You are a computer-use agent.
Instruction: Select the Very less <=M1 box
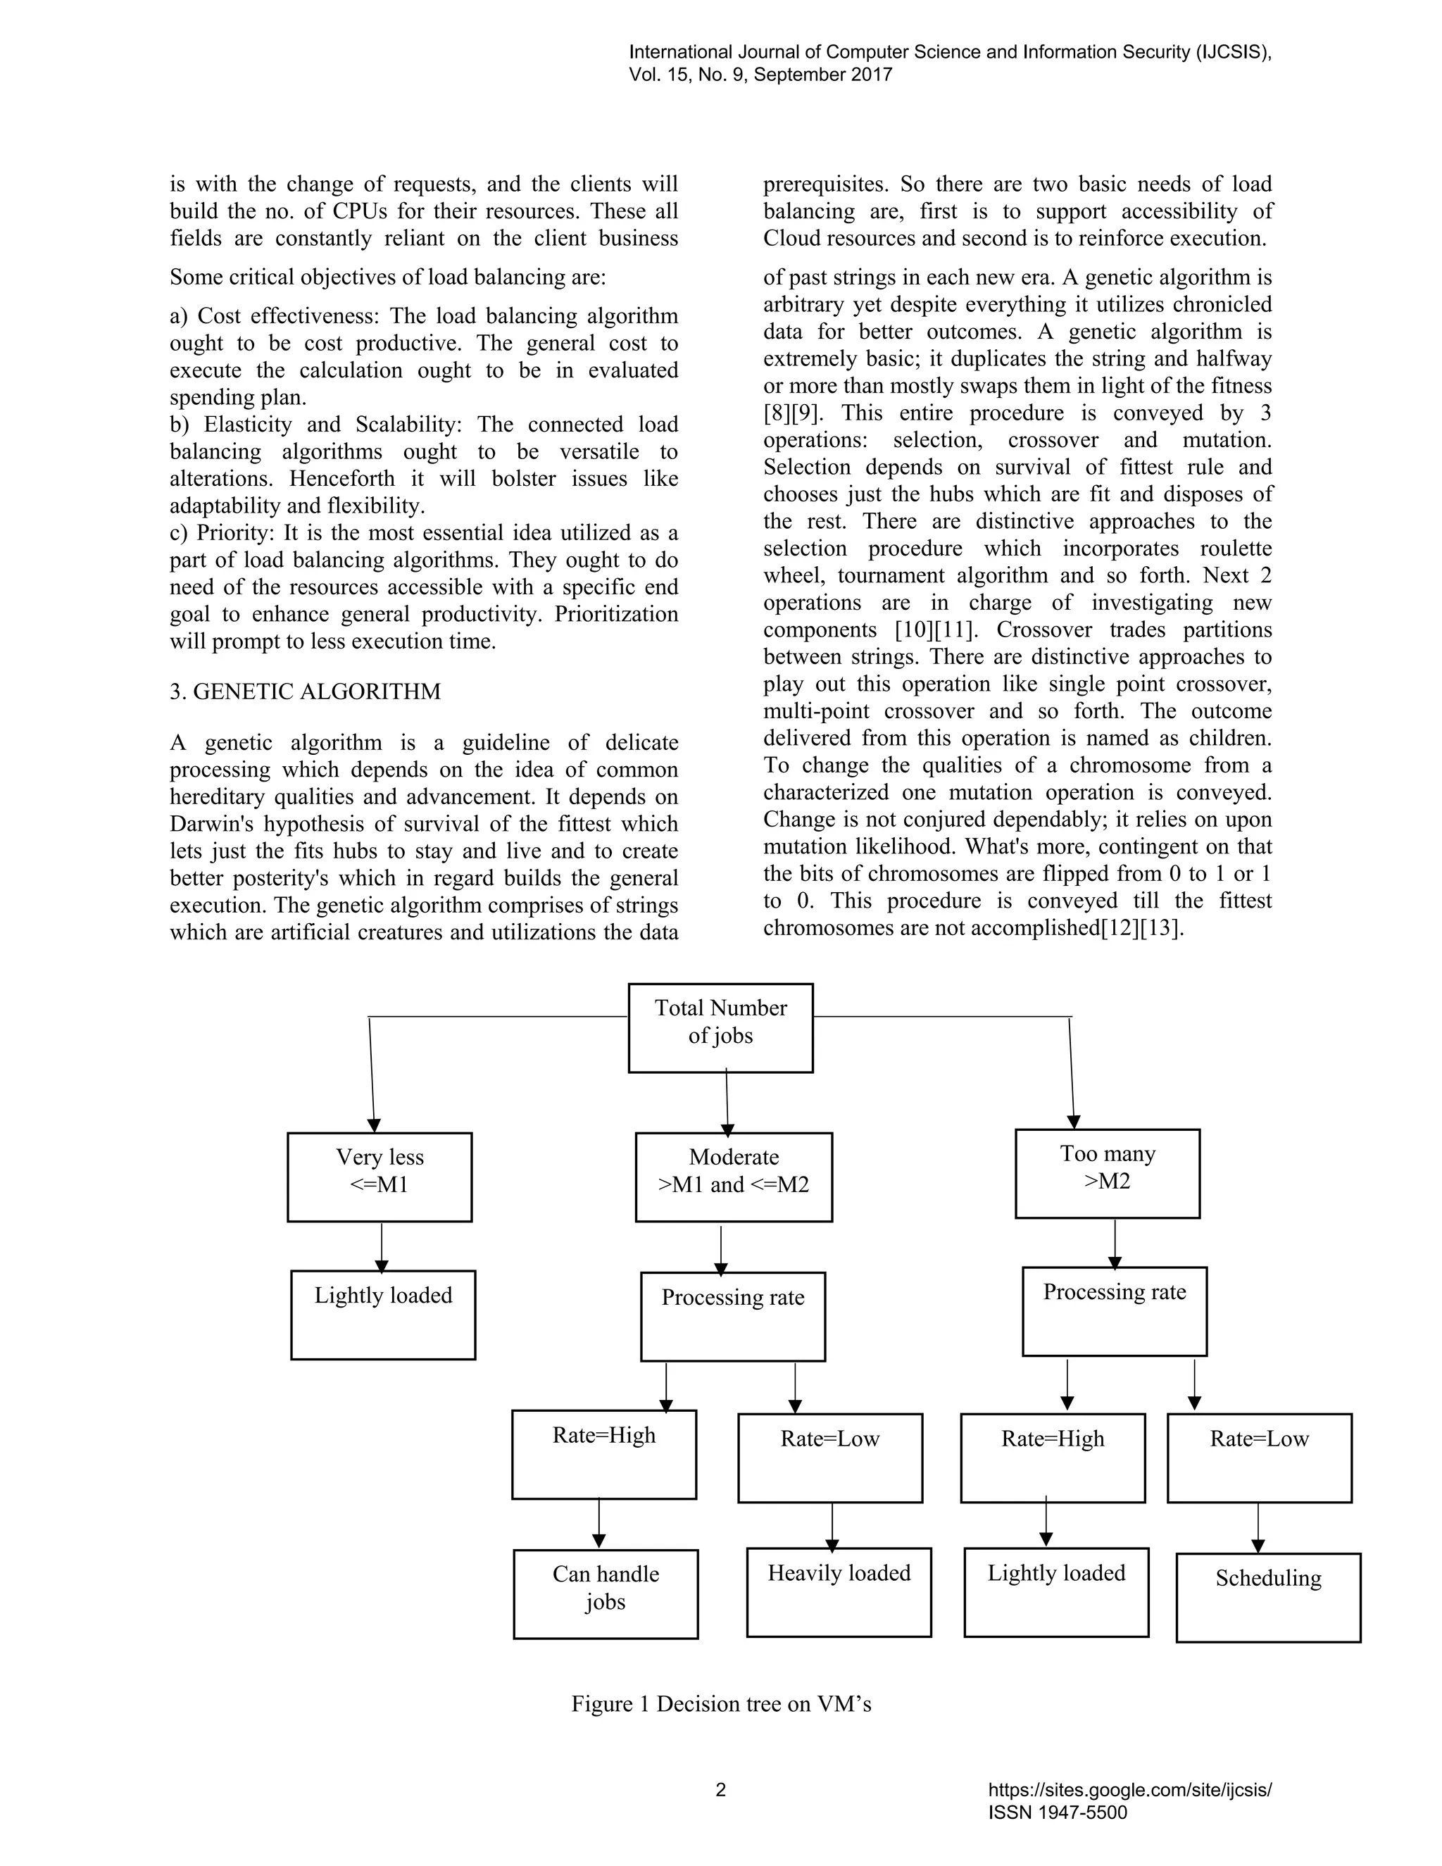click(380, 1177)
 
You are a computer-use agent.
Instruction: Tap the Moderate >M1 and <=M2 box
click(733, 1177)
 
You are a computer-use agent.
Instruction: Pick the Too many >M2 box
click(1107, 1173)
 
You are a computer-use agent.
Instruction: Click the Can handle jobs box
click(606, 1593)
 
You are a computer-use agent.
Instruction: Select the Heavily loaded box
click(838, 1592)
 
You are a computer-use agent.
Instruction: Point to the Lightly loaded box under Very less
click(383, 1314)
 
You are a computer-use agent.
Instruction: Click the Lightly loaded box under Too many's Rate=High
click(1056, 1592)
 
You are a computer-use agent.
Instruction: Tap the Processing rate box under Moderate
click(733, 1316)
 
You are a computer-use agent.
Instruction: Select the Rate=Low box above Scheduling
click(1259, 1458)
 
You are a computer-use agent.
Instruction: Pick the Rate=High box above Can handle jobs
click(604, 1453)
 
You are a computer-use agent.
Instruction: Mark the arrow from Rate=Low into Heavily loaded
click(832, 1526)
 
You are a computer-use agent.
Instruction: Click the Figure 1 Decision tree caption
click(721, 1703)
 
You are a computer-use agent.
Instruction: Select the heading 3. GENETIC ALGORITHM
click(305, 691)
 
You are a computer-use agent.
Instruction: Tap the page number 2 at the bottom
click(720, 1790)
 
